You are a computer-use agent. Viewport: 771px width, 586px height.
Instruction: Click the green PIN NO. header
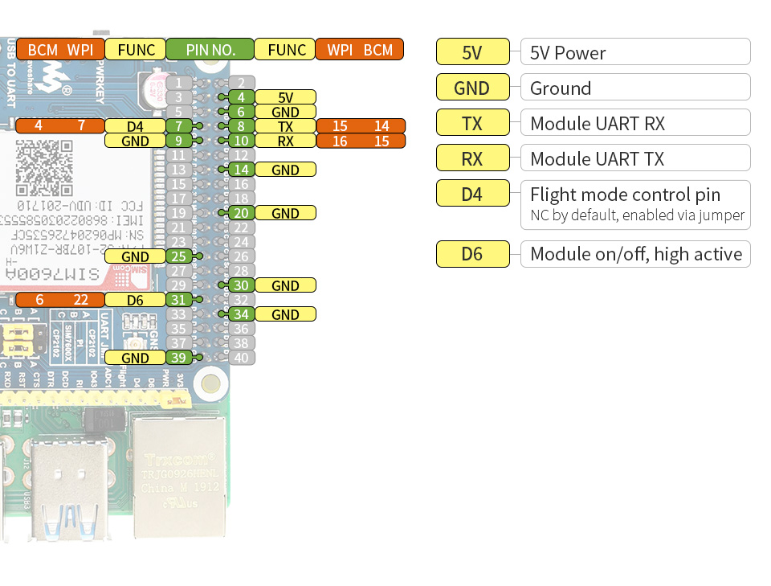(210, 49)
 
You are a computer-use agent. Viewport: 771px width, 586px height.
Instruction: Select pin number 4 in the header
(241, 97)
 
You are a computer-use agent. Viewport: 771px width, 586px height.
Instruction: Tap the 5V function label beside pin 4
(285, 97)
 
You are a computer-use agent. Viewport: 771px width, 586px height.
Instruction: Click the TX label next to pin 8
(285, 126)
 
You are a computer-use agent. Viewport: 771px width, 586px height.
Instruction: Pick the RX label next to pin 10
(285, 141)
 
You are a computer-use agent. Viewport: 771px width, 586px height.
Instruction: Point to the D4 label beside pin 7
(135, 126)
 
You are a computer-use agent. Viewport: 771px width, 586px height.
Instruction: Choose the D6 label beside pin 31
(135, 300)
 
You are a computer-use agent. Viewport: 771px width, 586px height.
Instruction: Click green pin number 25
(178, 256)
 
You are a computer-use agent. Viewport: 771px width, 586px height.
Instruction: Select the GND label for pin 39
(135, 358)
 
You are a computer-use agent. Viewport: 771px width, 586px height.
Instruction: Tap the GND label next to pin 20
(285, 213)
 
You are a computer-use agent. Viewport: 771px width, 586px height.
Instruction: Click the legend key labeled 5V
(472, 52)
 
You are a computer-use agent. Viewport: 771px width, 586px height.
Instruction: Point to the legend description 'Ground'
(561, 88)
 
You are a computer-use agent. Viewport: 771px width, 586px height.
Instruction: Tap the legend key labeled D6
(472, 254)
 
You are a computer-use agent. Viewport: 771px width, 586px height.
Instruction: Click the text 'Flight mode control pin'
(625, 194)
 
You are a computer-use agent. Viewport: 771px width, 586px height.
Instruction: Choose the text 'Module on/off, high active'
(636, 254)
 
